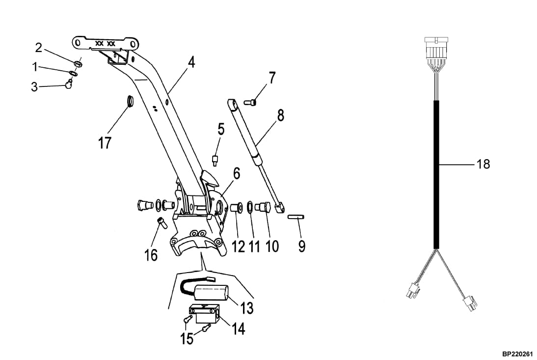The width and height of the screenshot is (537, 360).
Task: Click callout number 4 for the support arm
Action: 191,62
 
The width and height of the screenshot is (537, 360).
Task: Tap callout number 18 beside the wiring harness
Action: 483,164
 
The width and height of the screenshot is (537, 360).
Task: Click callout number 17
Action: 105,143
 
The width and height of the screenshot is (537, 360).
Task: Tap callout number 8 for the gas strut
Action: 280,115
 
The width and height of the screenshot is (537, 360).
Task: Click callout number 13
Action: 246,308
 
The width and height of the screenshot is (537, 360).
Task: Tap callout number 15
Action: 187,338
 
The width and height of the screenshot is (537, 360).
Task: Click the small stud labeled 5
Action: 215,160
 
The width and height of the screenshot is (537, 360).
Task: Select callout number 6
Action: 237,173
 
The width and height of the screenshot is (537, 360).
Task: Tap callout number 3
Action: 34,87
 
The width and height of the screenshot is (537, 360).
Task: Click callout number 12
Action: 238,245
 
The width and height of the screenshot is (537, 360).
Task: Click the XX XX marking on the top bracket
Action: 106,44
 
